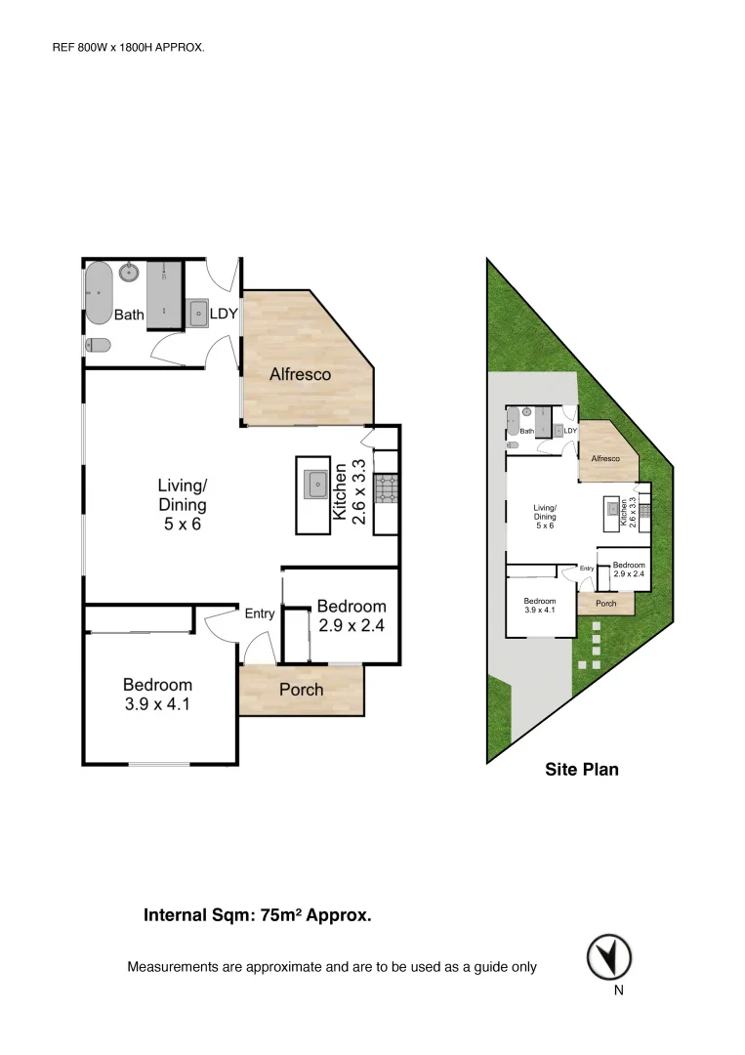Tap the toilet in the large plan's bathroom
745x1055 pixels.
[97, 345]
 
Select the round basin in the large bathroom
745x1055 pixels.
[128, 273]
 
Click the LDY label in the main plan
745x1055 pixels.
[223, 314]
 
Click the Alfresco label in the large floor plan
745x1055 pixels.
[300, 374]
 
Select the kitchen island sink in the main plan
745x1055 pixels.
[315, 484]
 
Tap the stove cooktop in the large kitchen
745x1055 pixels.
[385, 488]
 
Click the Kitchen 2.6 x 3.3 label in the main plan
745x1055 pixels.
[351, 492]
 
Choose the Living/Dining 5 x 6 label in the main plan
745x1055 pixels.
[183, 504]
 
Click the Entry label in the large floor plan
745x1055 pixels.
[259, 613]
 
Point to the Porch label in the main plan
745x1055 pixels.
[301, 690]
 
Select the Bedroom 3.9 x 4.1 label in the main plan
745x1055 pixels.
[156, 693]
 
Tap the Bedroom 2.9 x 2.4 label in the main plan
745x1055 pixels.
[351, 615]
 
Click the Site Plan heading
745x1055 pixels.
[581, 770]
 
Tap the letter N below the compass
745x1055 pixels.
[618, 991]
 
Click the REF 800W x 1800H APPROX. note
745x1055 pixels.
[128, 46]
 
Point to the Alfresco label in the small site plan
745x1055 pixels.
[605, 457]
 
